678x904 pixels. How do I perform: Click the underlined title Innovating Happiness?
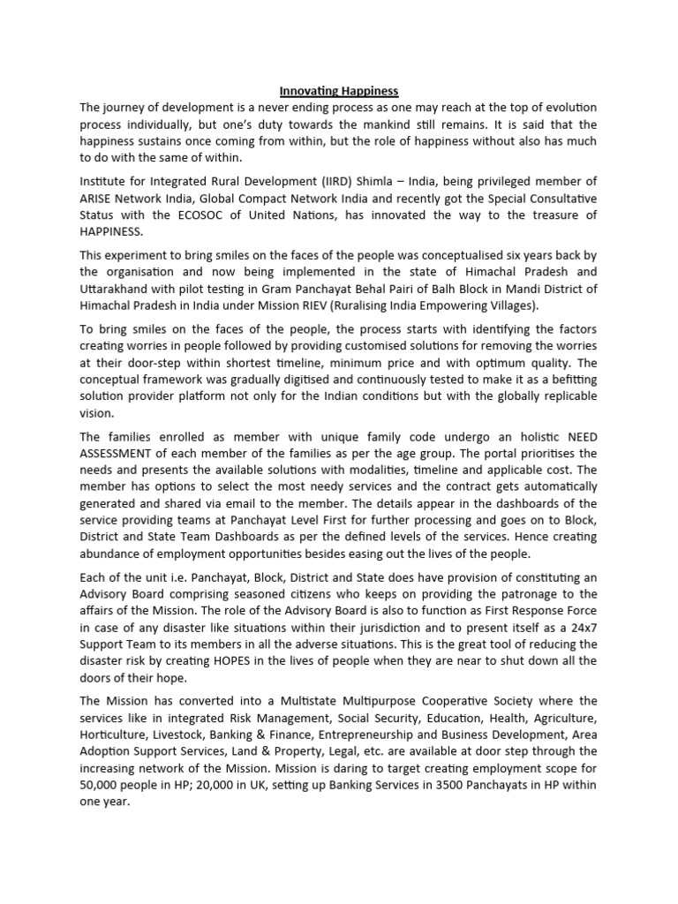(x=338, y=91)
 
